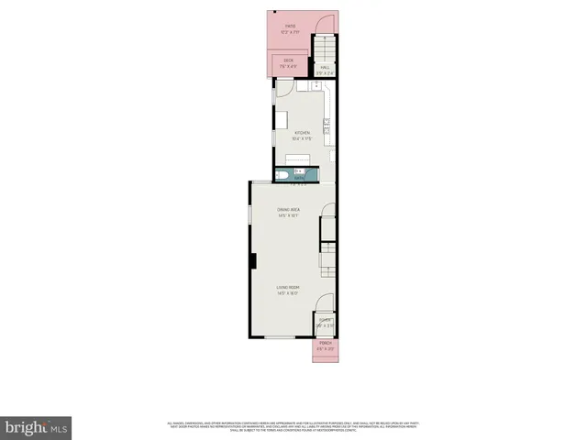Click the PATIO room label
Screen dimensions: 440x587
point(290,27)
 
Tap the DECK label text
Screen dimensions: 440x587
point(288,60)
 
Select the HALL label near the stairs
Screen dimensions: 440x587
point(325,67)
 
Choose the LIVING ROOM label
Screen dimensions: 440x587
point(290,290)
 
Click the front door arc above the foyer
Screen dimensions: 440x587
point(324,306)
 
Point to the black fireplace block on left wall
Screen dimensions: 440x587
point(251,260)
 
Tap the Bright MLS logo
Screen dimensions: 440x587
point(37,426)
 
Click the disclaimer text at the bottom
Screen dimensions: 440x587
point(293,426)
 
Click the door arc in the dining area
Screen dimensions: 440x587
point(327,225)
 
